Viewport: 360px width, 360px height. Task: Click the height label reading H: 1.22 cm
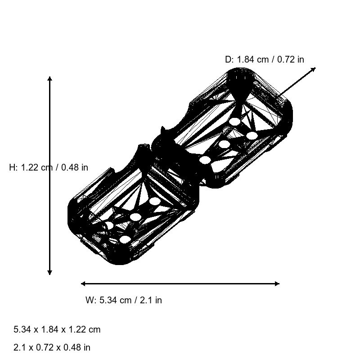(x=49, y=167)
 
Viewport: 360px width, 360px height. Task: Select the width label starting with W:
(x=124, y=300)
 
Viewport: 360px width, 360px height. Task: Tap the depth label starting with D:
(x=264, y=59)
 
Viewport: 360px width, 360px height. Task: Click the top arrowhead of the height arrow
(x=49, y=79)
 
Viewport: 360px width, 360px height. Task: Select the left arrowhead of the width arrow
(x=83, y=283)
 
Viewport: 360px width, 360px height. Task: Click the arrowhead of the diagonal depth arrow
(x=314, y=69)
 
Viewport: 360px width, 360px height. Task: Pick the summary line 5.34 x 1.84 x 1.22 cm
(x=57, y=329)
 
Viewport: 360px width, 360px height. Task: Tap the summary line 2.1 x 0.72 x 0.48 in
(x=52, y=347)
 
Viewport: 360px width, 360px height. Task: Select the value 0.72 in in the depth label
(x=290, y=59)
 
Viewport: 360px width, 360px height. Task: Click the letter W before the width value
(x=89, y=300)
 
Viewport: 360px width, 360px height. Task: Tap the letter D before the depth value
(x=228, y=59)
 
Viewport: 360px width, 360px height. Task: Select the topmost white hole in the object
(x=234, y=121)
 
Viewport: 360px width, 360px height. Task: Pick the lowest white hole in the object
(x=125, y=239)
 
